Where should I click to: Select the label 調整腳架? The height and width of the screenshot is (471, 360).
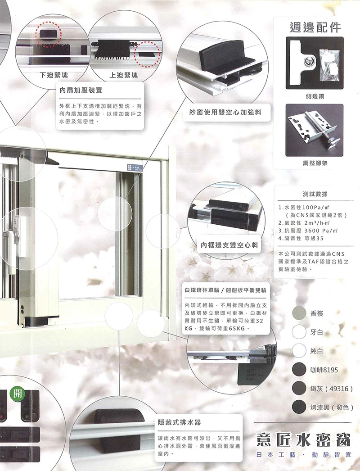[314, 163]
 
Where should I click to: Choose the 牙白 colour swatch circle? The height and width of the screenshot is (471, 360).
[299, 332]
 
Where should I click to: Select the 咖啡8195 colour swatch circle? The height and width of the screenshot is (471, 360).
[299, 370]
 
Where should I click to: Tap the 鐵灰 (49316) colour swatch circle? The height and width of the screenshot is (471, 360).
[299, 388]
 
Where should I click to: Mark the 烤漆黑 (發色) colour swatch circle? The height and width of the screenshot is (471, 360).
[299, 407]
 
